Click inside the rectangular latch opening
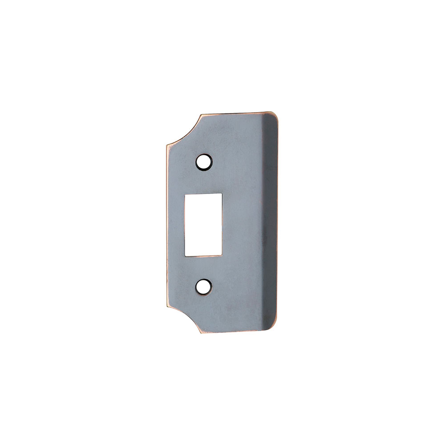coord(203,224)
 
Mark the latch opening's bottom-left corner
coord(185,256)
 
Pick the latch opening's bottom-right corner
coord(222,256)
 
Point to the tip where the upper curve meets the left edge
coord(166,146)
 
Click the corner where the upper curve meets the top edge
coord(201,115)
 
